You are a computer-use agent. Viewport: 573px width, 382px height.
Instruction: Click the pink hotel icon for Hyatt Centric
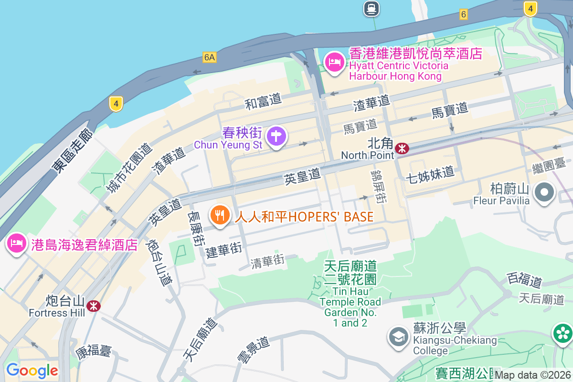pos(334,63)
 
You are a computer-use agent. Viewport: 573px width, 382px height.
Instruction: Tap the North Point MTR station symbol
pos(402,149)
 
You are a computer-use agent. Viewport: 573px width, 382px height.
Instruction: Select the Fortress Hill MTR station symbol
pos(94,306)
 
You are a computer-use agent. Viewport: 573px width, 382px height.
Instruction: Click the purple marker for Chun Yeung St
pos(276,137)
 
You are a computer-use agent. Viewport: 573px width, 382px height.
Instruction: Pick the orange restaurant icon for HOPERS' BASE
pos(219,215)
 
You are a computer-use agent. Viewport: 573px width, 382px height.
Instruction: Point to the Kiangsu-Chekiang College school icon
pos(398,336)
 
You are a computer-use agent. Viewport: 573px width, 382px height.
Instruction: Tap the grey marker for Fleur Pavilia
pos(545,193)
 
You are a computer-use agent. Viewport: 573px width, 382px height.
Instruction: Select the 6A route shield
pos(209,57)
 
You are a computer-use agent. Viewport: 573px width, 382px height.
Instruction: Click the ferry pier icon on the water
pos(371,8)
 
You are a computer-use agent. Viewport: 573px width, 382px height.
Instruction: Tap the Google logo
pos(32,371)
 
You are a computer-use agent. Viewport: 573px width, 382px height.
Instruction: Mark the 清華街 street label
pos(268,261)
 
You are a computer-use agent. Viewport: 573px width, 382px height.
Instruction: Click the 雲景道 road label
pos(254,350)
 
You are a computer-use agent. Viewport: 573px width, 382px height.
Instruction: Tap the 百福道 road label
pos(525,279)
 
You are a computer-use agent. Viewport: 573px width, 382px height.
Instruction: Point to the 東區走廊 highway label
pos(73,151)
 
